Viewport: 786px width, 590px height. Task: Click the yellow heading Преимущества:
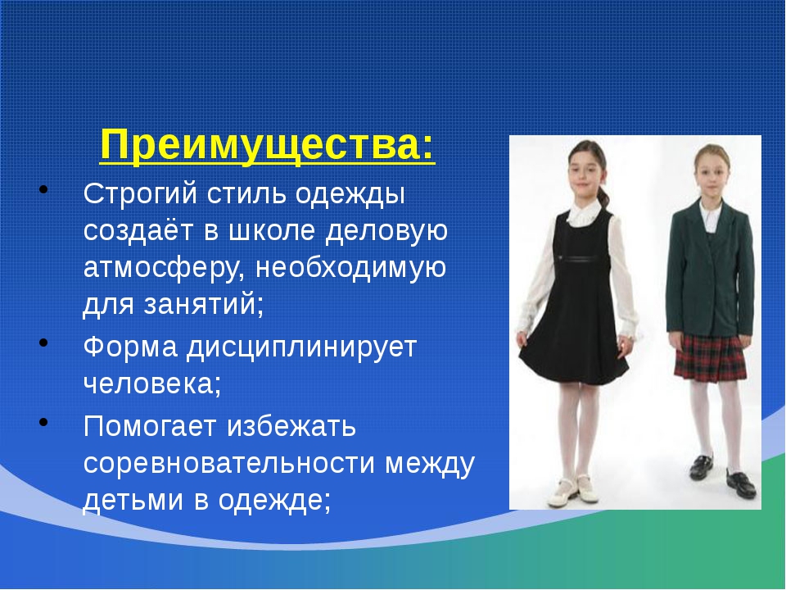coord(267,147)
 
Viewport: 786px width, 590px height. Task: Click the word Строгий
coord(140,193)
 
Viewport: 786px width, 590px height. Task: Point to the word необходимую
coord(351,268)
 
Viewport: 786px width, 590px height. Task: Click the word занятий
coord(203,304)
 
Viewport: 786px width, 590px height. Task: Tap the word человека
coord(152,383)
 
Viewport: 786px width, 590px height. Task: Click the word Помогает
coord(149,426)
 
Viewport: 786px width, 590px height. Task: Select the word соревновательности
coord(228,463)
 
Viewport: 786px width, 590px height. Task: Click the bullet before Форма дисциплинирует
coord(43,343)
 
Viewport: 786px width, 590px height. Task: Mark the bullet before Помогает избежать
coord(43,422)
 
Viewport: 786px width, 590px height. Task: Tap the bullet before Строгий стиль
coord(43,189)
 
